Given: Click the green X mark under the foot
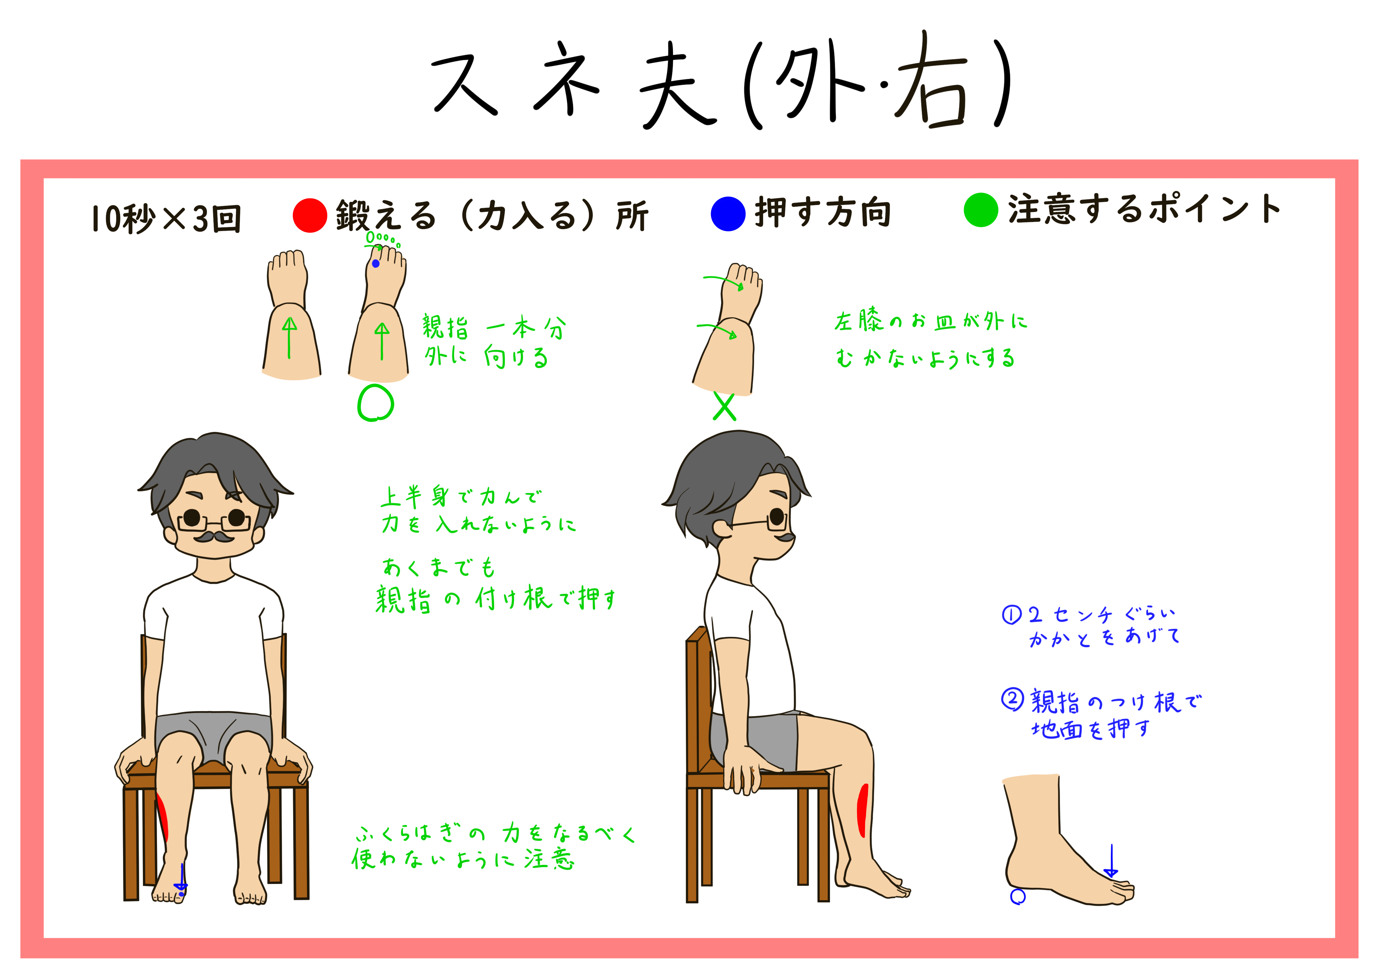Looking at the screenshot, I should [724, 407].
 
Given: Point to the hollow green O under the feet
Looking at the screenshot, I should [375, 403].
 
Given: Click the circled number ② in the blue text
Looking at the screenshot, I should [1012, 699].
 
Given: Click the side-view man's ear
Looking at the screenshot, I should [721, 529].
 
